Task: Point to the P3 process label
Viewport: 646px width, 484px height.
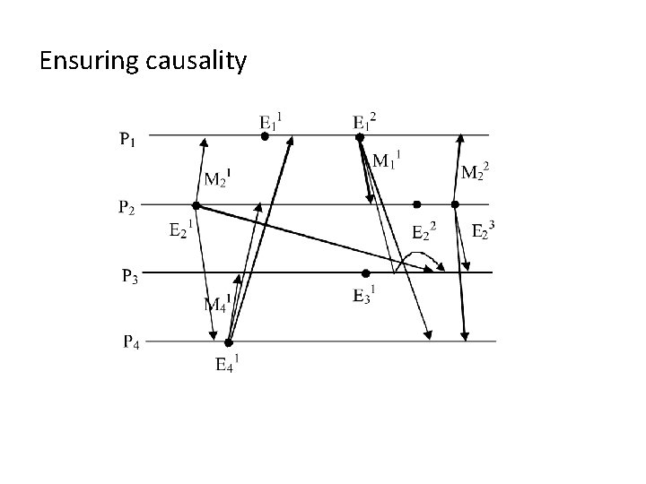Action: pos(130,275)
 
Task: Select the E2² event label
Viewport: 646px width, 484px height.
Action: pos(423,232)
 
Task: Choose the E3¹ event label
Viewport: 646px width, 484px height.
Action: pos(364,295)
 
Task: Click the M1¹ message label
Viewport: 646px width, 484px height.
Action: pos(386,161)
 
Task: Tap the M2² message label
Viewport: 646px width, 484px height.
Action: pos(475,171)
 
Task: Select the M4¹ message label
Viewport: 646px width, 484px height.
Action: pos(217,303)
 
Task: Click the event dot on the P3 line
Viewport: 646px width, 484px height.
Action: pos(365,273)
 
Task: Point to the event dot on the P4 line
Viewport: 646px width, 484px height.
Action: pos(229,342)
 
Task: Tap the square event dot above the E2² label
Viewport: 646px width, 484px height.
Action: pos(416,204)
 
